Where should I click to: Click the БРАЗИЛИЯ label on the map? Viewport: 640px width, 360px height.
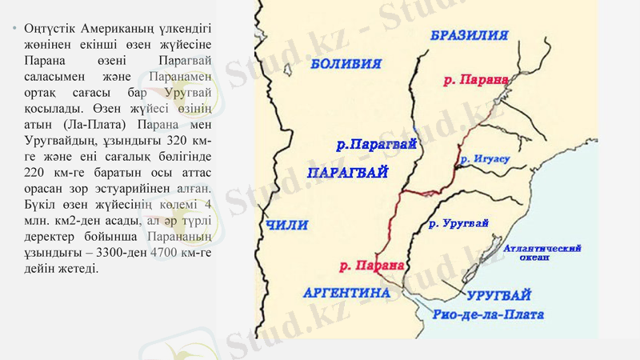click(x=469, y=35)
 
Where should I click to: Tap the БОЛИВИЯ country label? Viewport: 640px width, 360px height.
click(x=346, y=63)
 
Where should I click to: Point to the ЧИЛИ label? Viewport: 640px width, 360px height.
click(x=287, y=226)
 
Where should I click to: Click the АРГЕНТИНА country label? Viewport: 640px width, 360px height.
click(x=347, y=293)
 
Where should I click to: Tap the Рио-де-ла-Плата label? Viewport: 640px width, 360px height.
click(x=487, y=315)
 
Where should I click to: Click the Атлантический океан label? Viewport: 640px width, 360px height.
click(x=543, y=253)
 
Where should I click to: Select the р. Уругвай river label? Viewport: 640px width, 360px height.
click(x=458, y=223)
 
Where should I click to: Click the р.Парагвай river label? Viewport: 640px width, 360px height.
click(x=376, y=145)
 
